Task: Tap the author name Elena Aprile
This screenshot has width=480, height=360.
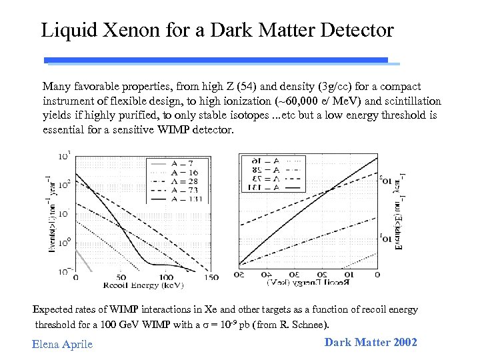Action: [62, 344]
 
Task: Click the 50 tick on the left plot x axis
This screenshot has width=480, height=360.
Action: [121, 277]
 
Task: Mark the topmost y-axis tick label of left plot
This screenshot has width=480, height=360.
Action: [65, 157]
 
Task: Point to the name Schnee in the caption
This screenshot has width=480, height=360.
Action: [307, 325]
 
